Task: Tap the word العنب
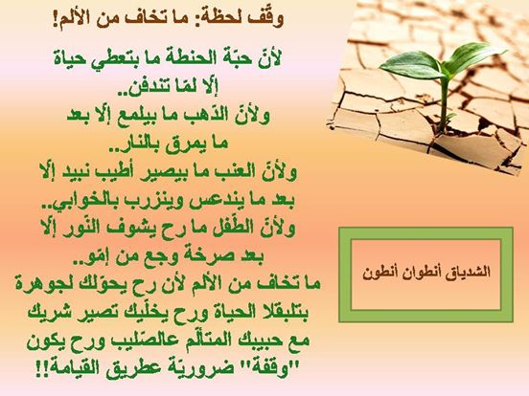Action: pyautogui.click(x=232, y=173)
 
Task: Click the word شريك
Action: pyautogui.click(x=47, y=313)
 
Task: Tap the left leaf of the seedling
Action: pyautogui.click(x=409, y=65)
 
